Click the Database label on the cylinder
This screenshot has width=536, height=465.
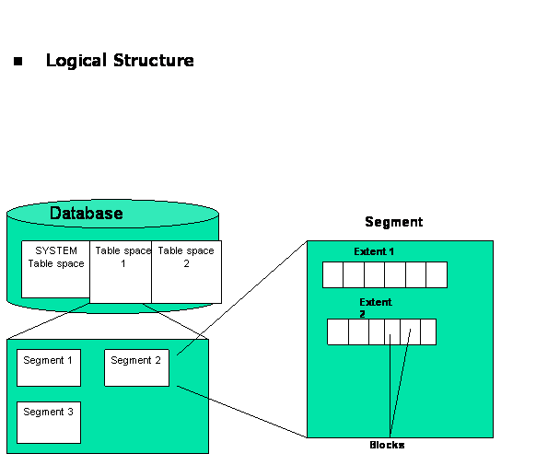pyautogui.click(x=86, y=214)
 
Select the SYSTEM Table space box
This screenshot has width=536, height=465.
pyautogui.click(x=55, y=269)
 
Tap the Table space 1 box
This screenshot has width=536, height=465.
pyautogui.click(x=121, y=272)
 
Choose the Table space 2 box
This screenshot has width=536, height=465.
pyautogui.click(x=186, y=272)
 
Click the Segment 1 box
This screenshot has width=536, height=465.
pyautogui.click(x=49, y=367)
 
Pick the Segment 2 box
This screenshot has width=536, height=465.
pyautogui.click(x=136, y=367)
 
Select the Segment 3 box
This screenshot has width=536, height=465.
pyautogui.click(x=49, y=422)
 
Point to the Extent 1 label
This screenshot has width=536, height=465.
pyautogui.click(x=374, y=251)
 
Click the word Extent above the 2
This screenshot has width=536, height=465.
pyautogui.click(x=375, y=302)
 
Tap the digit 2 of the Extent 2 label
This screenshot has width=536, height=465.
pyautogui.click(x=362, y=313)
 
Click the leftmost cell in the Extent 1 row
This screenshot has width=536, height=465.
pyautogui.click(x=332, y=274)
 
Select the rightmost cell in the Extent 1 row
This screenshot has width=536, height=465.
pyautogui.click(x=437, y=274)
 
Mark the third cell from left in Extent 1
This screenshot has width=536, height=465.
pyautogui.click(x=374, y=274)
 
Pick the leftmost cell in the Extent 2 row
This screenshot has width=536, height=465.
pyautogui.click(x=338, y=331)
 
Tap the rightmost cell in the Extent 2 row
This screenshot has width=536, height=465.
pyautogui.click(x=427, y=331)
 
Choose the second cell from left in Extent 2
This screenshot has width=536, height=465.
pyautogui.click(x=358, y=331)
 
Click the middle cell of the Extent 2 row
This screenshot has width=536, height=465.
pyautogui.click(x=378, y=331)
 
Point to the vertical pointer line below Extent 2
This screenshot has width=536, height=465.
pyautogui.click(x=390, y=387)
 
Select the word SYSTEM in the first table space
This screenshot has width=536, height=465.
pyautogui.click(x=55, y=250)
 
